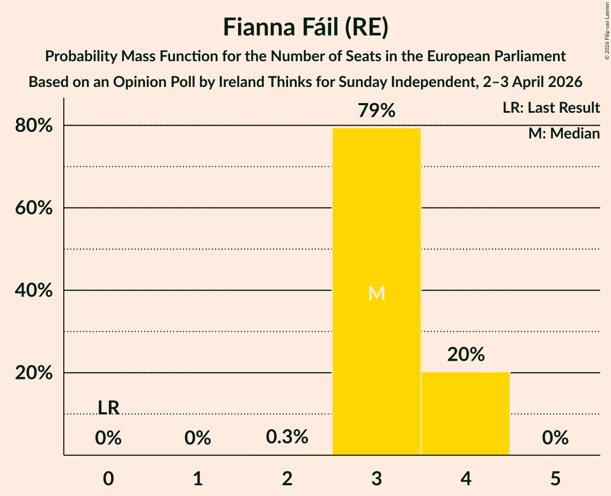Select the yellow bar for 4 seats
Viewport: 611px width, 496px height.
point(465,413)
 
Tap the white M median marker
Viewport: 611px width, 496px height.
point(377,293)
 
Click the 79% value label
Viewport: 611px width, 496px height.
point(377,111)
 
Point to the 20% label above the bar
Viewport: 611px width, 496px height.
point(466,354)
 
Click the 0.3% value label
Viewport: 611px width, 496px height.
point(288,437)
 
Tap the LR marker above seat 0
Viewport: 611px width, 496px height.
point(108,407)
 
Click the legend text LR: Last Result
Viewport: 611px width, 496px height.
point(551,108)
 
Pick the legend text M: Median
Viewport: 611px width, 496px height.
point(564,134)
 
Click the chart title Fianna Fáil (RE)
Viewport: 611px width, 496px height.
point(305,27)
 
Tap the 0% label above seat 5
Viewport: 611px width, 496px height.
point(555,438)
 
